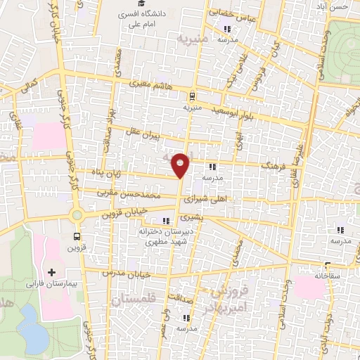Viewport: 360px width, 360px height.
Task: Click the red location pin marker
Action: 181,165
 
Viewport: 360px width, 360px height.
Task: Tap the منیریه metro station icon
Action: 192,97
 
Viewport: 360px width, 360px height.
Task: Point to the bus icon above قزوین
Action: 77,237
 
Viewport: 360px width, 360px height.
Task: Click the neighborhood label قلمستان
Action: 134,299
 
